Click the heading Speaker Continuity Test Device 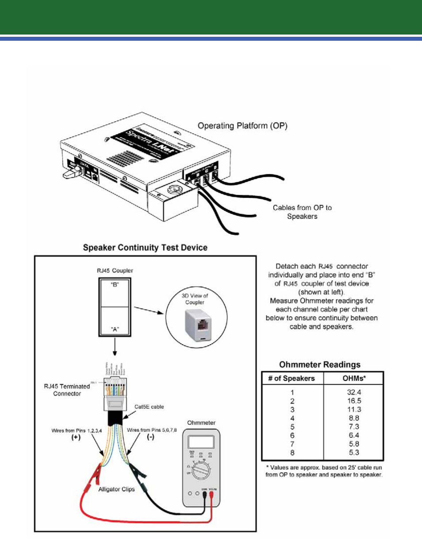coord(145,248)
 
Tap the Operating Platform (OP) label coord(242,126)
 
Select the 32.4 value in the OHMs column coord(354,392)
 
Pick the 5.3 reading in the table coord(354,453)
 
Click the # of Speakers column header coord(292,378)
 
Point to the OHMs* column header coord(354,378)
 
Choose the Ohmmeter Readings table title coord(320,365)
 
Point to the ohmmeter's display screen coord(201,441)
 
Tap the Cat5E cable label coord(149,407)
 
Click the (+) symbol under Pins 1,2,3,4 coord(76,438)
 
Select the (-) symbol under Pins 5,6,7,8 coord(150,438)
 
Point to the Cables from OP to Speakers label coord(302,212)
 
